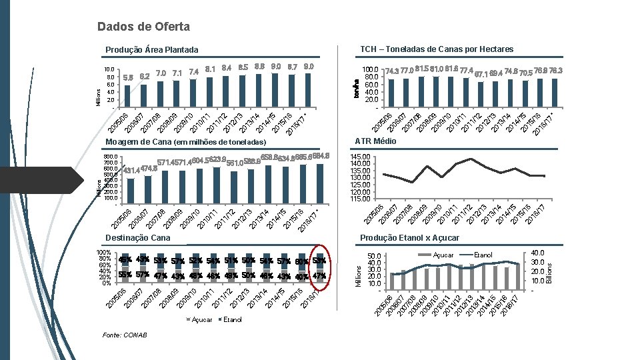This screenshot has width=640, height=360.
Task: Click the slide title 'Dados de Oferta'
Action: pyautogui.click(x=143, y=27)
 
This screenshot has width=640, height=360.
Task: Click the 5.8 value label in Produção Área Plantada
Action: pyautogui.click(x=129, y=77)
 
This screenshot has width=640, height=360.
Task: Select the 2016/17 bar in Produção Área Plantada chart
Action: pyautogui.click(x=307, y=88)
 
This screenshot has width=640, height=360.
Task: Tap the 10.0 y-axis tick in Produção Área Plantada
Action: pyautogui.click(x=110, y=69)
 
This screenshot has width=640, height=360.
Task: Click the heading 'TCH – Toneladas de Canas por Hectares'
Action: pyautogui.click(x=437, y=49)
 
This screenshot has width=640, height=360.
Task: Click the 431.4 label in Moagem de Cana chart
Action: pyautogui.click(x=131, y=171)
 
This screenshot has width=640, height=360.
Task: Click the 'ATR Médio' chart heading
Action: pyautogui.click(x=375, y=141)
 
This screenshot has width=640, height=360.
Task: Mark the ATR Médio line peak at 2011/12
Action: pyautogui.click(x=471, y=159)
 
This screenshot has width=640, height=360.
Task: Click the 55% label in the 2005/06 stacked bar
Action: pyautogui.click(x=125, y=275)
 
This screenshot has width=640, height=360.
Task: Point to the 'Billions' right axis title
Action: pyautogui.click(x=550, y=269)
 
